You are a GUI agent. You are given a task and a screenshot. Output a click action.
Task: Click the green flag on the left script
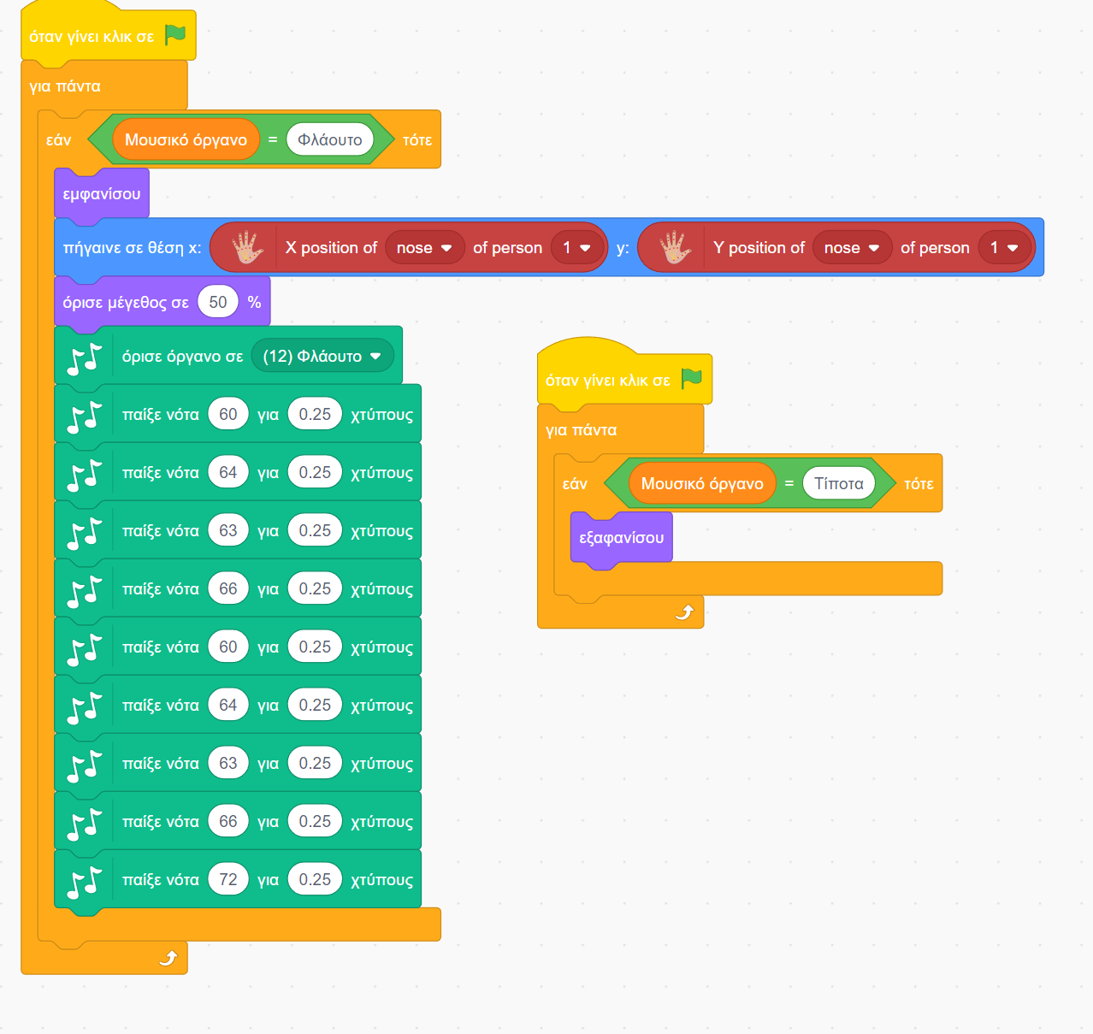[175, 35]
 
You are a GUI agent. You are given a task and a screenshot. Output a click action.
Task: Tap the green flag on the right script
[692, 379]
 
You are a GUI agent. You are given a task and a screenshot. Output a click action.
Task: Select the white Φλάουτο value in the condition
[330, 139]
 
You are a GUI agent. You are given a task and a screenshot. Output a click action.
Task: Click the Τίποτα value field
[839, 483]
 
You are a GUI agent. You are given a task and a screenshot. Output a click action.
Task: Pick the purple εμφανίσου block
[102, 194]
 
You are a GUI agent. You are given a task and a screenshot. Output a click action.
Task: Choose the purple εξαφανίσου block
[621, 538]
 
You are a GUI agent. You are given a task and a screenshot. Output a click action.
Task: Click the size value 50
[218, 302]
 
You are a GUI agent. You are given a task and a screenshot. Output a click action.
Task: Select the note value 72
[228, 879]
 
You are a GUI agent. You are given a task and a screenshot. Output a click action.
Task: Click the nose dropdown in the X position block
[424, 248]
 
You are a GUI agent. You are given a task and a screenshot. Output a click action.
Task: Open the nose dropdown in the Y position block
[852, 248]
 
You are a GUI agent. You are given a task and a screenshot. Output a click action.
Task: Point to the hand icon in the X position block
[247, 248]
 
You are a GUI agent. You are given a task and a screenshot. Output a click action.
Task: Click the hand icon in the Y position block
[675, 248]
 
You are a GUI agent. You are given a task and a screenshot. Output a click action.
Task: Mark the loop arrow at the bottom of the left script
[168, 958]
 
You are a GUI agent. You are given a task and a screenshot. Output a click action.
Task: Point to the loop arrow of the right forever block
[684, 612]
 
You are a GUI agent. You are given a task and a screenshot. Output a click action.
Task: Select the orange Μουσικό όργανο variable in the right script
[702, 483]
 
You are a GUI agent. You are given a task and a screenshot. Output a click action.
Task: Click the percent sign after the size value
[254, 302]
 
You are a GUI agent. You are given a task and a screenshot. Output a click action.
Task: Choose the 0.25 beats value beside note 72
[315, 879]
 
